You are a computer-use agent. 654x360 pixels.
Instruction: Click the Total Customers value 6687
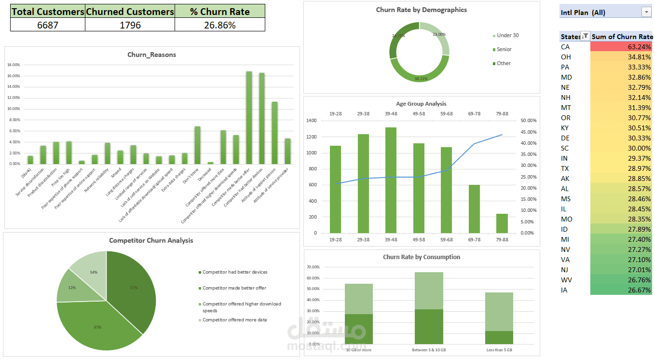[47, 25]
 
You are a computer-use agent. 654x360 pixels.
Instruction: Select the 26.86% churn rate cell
[219, 25]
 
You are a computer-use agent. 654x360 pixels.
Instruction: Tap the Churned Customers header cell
[129, 11]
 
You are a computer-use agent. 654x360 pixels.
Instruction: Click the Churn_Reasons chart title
[151, 55]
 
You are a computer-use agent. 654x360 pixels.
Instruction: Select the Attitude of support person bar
[274, 133]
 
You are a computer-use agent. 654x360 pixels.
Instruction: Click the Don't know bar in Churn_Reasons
[197, 145]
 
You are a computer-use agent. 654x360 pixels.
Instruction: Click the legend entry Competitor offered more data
[234, 320]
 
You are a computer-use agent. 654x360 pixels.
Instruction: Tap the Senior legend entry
[504, 49]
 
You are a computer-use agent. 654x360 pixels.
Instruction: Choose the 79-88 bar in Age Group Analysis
[502, 223]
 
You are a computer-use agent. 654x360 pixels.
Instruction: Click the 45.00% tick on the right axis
[528, 132]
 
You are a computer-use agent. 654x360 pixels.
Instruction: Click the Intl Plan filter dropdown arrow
[646, 13]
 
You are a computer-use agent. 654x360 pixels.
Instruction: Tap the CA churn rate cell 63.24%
[621, 47]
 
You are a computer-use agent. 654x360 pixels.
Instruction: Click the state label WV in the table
[566, 280]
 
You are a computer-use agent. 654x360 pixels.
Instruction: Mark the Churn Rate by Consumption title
[421, 257]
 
